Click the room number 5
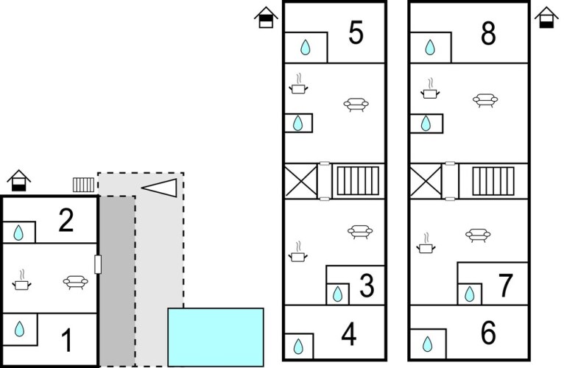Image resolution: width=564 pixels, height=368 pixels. pyautogui.click(x=356, y=32)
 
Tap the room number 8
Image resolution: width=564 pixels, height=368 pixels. pyautogui.click(x=488, y=33)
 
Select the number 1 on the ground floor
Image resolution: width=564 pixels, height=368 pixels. pyautogui.click(x=67, y=340)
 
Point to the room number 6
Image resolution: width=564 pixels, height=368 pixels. pyautogui.click(x=488, y=333)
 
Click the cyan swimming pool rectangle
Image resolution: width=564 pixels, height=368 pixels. pyautogui.click(x=216, y=337)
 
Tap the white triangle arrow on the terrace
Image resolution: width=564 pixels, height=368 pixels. pyautogui.click(x=159, y=188)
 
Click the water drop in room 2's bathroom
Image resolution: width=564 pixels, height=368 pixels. pyautogui.click(x=18, y=233)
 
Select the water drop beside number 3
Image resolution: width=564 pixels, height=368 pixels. pyautogui.click(x=337, y=294)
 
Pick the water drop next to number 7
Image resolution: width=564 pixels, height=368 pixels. pyautogui.click(x=470, y=294)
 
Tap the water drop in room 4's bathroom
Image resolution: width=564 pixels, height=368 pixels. pyautogui.click(x=298, y=347)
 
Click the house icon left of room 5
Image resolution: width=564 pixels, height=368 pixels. pyautogui.click(x=267, y=17)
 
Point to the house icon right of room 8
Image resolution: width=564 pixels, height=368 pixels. pyautogui.click(x=546, y=17)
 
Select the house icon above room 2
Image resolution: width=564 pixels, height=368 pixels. pyautogui.click(x=18, y=180)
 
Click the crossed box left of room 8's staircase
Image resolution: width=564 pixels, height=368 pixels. pyautogui.click(x=426, y=180)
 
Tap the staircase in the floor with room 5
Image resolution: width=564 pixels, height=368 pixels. pyautogui.click(x=358, y=180)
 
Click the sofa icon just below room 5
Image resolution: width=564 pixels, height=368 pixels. pyautogui.click(x=356, y=105)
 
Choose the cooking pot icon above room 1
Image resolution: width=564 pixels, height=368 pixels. pyautogui.click(x=21, y=280)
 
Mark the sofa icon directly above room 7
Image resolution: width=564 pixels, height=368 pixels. pyautogui.click(x=478, y=236)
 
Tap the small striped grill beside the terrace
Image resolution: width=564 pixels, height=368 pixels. pyautogui.click(x=83, y=185)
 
